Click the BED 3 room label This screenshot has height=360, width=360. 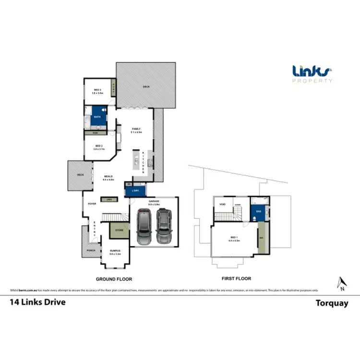97,91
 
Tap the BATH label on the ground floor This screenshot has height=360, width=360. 96,116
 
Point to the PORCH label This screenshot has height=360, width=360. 91,251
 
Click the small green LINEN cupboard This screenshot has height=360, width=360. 109,199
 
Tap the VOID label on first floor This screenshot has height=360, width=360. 222,204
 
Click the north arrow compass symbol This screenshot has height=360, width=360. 341,284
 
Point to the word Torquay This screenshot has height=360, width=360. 331,303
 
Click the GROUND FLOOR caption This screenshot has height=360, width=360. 114,279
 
